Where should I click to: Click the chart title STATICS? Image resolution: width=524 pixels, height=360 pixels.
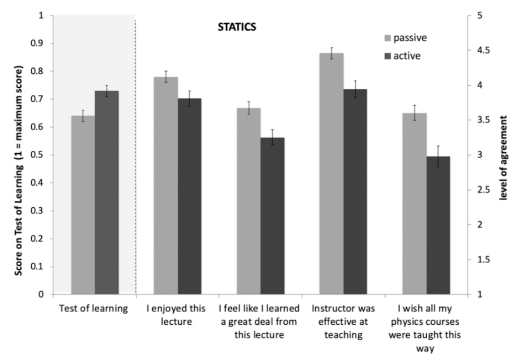[233, 27]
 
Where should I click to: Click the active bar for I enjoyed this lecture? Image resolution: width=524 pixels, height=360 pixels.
[189, 196]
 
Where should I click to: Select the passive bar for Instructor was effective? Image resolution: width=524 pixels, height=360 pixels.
[332, 173]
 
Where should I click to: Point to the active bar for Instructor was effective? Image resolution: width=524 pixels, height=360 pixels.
[355, 192]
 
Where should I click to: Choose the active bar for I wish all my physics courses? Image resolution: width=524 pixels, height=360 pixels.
[438, 225]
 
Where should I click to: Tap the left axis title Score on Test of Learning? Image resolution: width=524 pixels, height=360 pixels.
[19, 155]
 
